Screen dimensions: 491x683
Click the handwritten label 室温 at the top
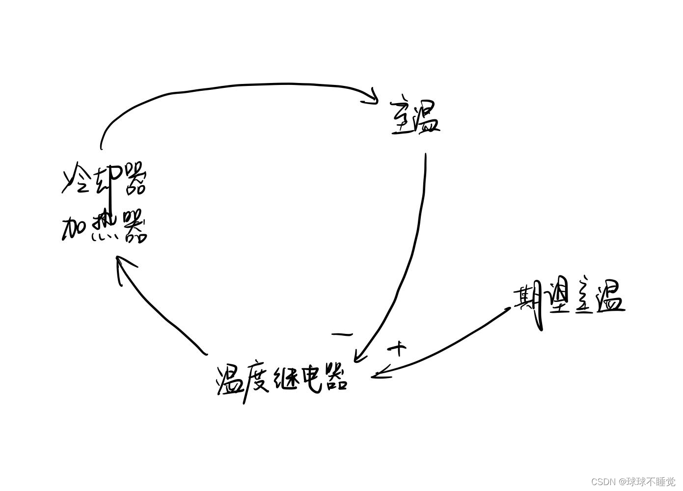click(415, 118)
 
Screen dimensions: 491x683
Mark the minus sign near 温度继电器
click(342, 335)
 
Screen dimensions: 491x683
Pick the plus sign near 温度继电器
click(398, 349)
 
